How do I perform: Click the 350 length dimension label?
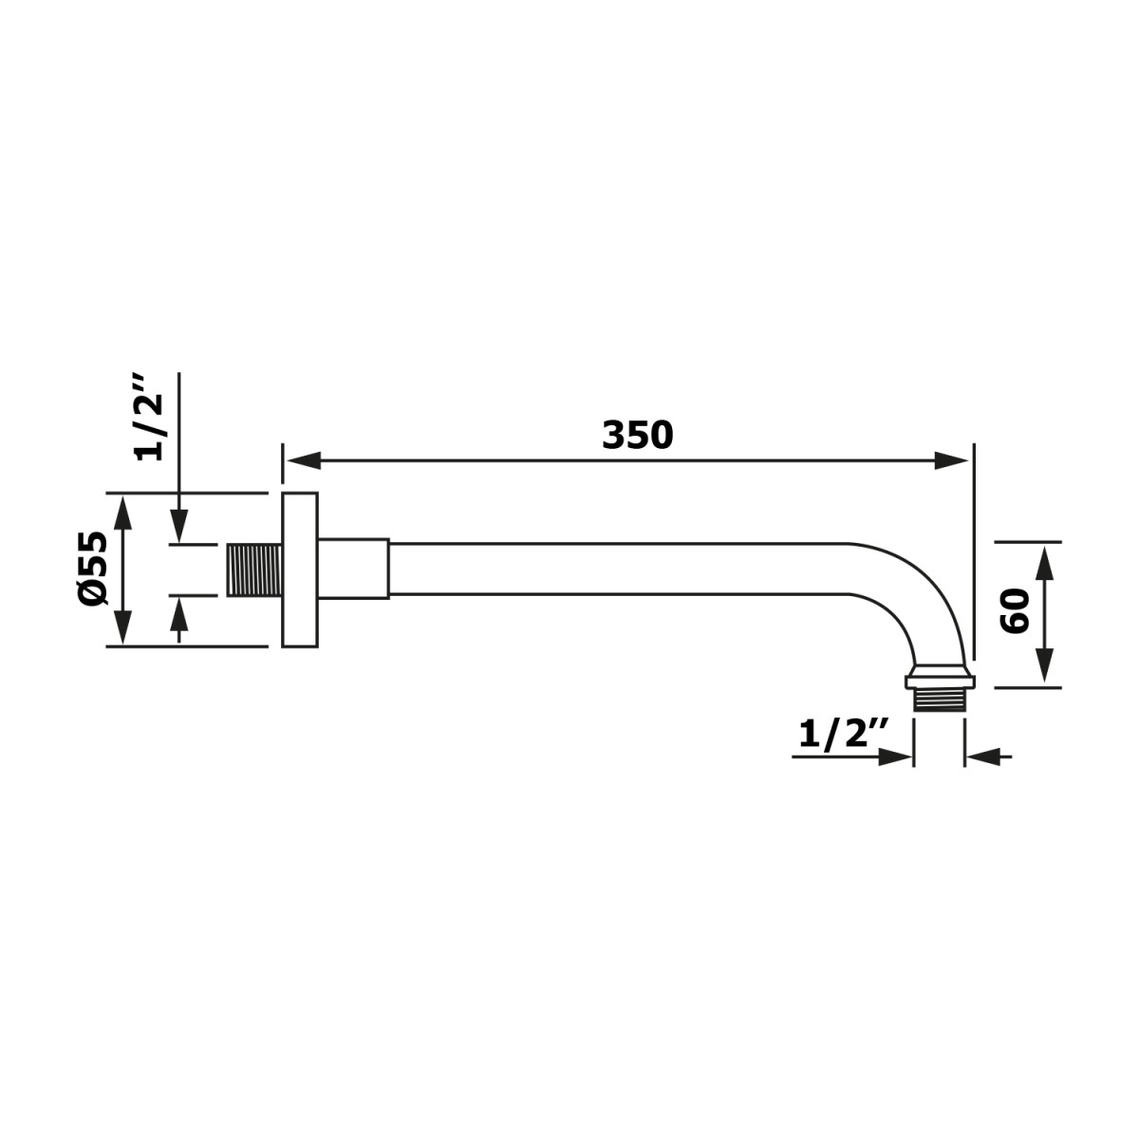pos(637,435)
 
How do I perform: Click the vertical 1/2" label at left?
pos(150,417)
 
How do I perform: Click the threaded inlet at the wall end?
pos(253,569)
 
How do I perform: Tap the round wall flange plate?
pos(300,569)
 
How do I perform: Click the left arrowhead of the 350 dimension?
pos(302,462)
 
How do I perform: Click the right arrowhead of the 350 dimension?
pos(953,462)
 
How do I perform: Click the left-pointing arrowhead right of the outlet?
pos(980,756)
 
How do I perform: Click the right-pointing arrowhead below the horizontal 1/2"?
pos(895,756)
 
